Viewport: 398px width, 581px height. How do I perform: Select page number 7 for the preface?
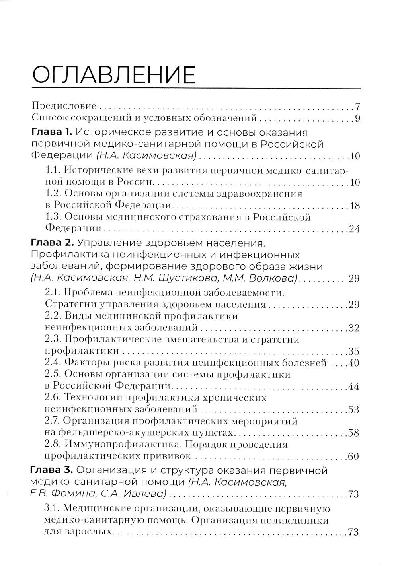pos(357,107)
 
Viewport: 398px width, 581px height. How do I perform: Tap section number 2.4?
pos(53,363)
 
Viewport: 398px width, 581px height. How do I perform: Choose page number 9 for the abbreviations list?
pos(357,118)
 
